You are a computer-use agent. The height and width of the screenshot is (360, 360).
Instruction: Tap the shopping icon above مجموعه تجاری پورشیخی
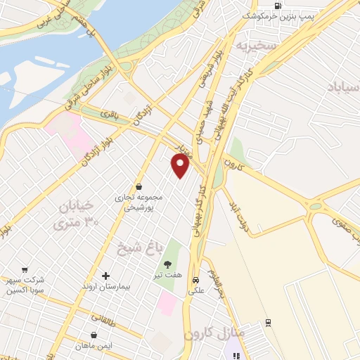tap(139, 186)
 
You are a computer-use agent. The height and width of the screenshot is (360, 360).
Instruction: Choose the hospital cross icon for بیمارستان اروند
tap(106, 276)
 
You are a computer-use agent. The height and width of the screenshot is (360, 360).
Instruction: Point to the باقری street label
tap(110, 114)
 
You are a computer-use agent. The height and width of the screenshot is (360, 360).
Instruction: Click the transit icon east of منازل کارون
tap(268, 323)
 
